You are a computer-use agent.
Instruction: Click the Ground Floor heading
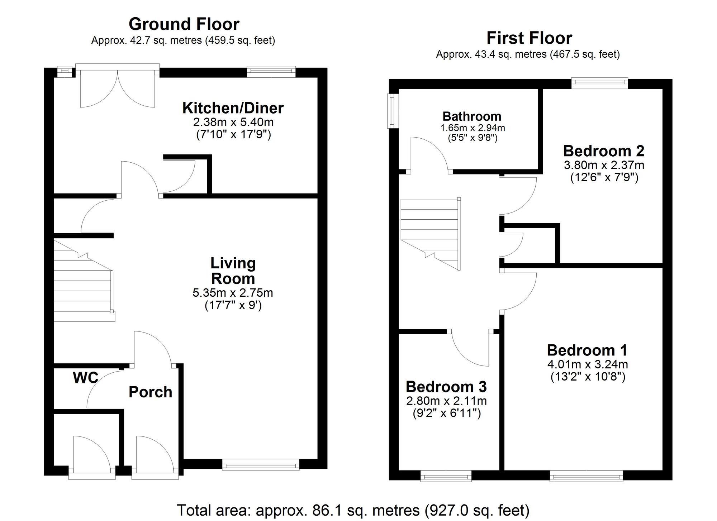pyautogui.click(x=184, y=24)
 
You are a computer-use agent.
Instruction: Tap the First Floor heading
pyautogui.click(x=529, y=38)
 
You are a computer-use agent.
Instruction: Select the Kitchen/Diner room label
pyautogui.click(x=233, y=108)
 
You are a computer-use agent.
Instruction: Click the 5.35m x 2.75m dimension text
pyautogui.click(x=233, y=293)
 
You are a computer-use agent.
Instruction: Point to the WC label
pyautogui.click(x=85, y=378)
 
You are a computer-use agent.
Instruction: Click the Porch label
pyautogui.click(x=150, y=392)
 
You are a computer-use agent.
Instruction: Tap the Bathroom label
pyautogui.click(x=471, y=116)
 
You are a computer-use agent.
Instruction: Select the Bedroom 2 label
pyautogui.click(x=603, y=151)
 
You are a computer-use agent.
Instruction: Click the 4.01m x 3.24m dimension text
pyautogui.click(x=587, y=364)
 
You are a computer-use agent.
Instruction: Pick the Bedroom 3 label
pyautogui.click(x=446, y=387)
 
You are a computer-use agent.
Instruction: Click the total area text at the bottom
pyautogui.click(x=353, y=510)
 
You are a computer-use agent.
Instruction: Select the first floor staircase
pyautogui.click(x=430, y=229)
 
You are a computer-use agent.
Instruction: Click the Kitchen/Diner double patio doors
pyautogui.click(x=118, y=88)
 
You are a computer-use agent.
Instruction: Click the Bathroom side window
pyautogui.click(x=393, y=111)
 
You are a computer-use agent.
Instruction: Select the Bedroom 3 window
pyautogui.click(x=446, y=477)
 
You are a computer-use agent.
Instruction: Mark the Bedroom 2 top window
pyautogui.click(x=599, y=83)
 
